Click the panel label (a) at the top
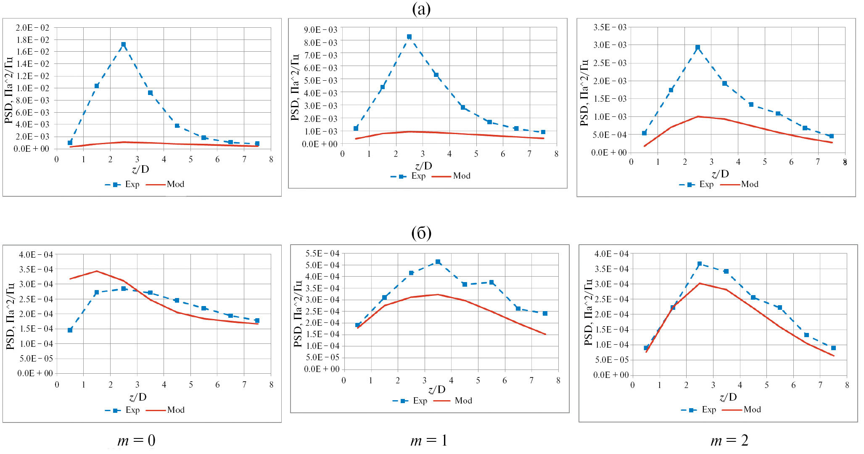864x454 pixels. (421, 9)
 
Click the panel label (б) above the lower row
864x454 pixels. (421, 233)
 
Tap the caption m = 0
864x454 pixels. (137, 440)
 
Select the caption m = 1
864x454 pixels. (429, 440)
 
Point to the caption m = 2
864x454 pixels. (729, 440)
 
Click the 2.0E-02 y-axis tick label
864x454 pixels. (32, 28)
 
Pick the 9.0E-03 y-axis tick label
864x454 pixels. (320, 29)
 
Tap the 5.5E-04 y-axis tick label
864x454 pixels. (322, 253)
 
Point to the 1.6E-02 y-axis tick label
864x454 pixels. (32, 52)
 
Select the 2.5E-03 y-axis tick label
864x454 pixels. (610, 63)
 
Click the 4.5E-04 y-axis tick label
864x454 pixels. (322, 277)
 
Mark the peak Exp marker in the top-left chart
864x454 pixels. (123, 44)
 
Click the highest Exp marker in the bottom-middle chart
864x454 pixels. (438, 262)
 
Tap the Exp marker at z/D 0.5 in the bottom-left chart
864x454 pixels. (70, 330)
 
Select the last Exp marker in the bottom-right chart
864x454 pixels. (833, 348)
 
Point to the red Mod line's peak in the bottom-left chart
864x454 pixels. (97, 271)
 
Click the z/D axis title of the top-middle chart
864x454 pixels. (423, 166)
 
